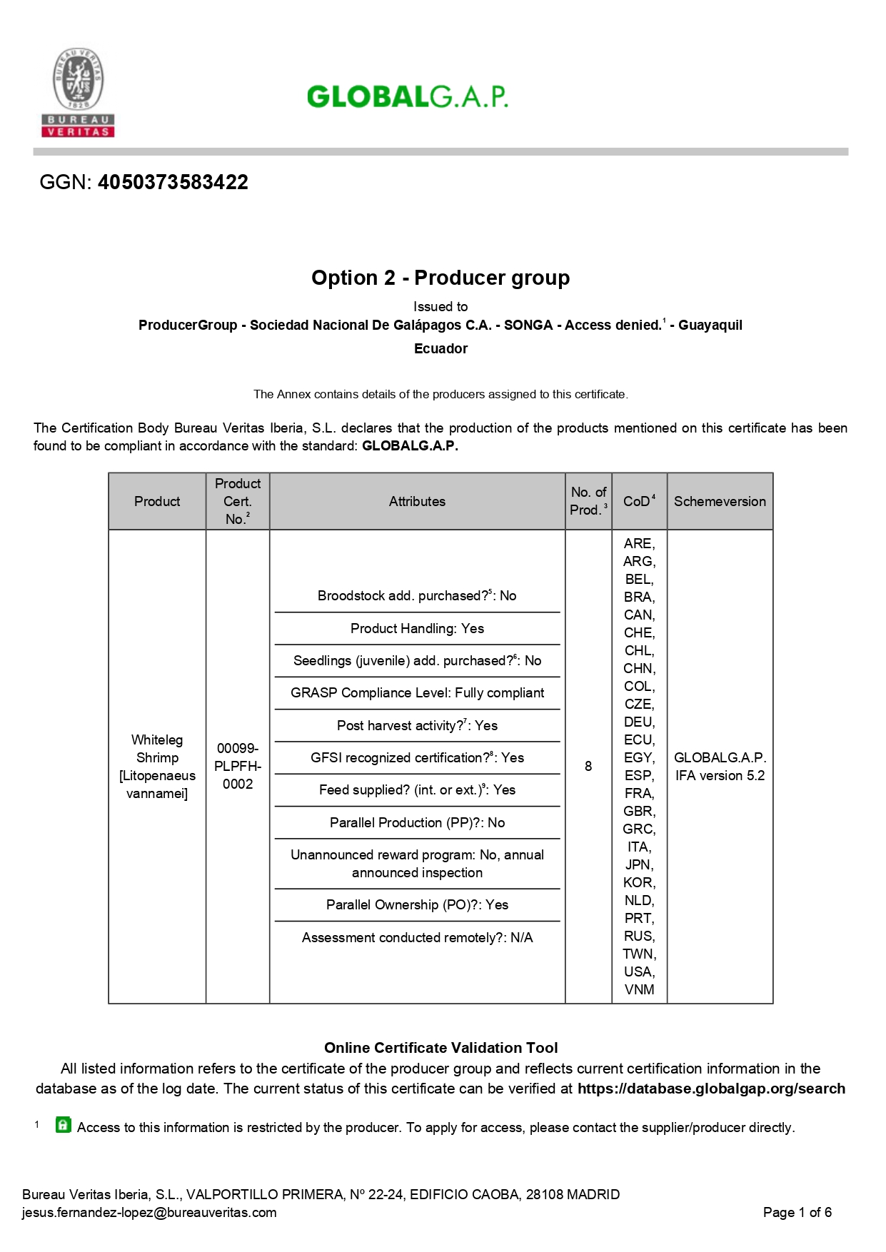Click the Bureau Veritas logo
point(78,92)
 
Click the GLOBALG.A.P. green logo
point(407,96)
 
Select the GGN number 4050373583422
point(173,182)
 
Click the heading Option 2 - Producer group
point(441,278)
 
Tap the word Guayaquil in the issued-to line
point(710,325)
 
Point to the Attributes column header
point(417,501)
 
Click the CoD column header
point(638,501)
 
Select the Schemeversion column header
point(720,501)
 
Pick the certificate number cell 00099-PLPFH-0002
point(238,766)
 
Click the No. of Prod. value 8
point(588,766)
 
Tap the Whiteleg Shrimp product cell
point(157,766)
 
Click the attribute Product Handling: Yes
point(417,628)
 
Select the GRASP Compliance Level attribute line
point(417,692)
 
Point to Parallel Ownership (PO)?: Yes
point(417,904)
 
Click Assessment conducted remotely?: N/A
point(417,937)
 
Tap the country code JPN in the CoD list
point(639,864)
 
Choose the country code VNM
point(639,989)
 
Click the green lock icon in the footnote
point(64,1125)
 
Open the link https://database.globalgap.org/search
point(711,1089)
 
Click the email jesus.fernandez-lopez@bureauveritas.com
point(149,1212)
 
